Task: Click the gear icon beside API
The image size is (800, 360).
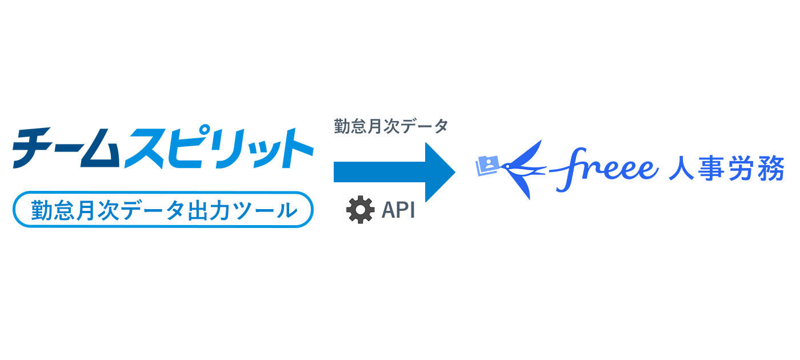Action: (x=360, y=210)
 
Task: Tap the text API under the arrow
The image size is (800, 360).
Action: (x=398, y=210)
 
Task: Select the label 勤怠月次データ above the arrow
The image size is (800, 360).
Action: (x=391, y=126)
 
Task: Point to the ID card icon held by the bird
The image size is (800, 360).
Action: (x=487, y=165)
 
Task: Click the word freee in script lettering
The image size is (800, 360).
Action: (x=606, y=166)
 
